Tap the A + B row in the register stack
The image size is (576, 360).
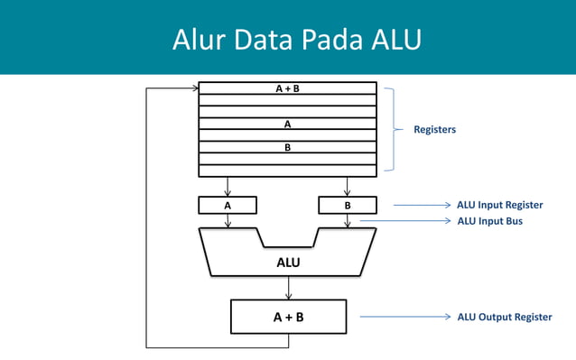tap(287, 89)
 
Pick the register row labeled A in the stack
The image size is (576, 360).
tap(287, 124)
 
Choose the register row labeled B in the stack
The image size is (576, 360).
tap(287, 147)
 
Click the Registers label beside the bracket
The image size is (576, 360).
tap(435, 130)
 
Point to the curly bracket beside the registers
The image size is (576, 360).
tap(392, 129)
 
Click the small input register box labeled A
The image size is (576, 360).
tap(228, 206)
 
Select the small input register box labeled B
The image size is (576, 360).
tap(348, 206)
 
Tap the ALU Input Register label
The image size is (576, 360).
tap(500, 206)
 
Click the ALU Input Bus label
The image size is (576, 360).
tap(490, 221)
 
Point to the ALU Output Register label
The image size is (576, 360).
tap(504, 318)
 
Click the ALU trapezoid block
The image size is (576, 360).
tap(288, 262)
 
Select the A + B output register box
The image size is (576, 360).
tap(288, 317)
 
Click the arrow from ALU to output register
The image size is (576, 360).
tap(288, 288)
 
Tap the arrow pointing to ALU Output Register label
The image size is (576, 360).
tap(404, 318)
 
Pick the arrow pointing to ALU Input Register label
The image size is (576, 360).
tap(421, 206)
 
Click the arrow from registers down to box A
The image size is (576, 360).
tap(228, 186)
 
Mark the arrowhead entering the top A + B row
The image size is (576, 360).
tap(193, 88)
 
